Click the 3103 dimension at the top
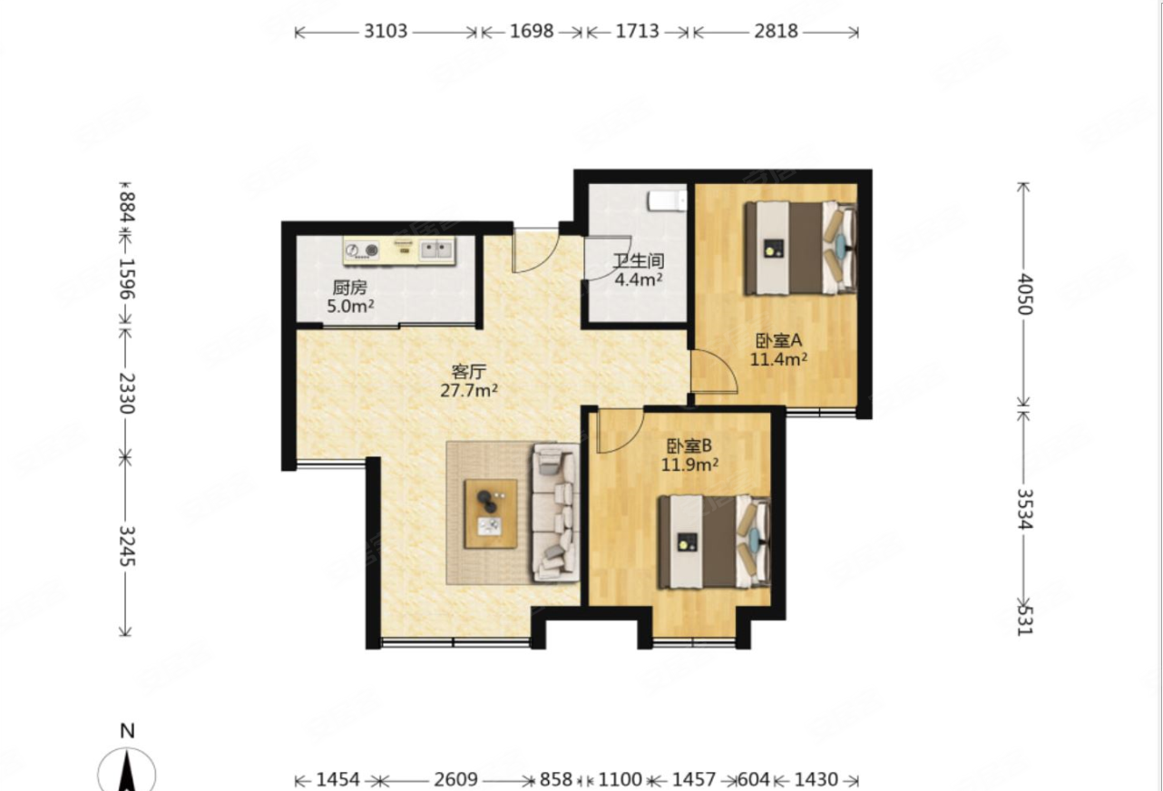tap(386, 31)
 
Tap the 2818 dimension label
tap(776, 31)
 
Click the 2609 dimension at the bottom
tap(455, 779)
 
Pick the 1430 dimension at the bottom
tap(816, 779)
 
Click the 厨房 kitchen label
tap(349, 287)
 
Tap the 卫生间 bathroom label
tap(638, 261)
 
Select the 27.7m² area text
tap(469, 390)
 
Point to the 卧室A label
tap(778, 340)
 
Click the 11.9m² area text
tap(689, 464)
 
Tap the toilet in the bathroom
tap(667, 201)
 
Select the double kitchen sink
tap(436, 249)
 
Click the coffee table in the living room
tap(491, 513)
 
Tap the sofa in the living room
tap(555, 512)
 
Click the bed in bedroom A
tap(800, 249)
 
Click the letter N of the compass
tap(127, 731)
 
